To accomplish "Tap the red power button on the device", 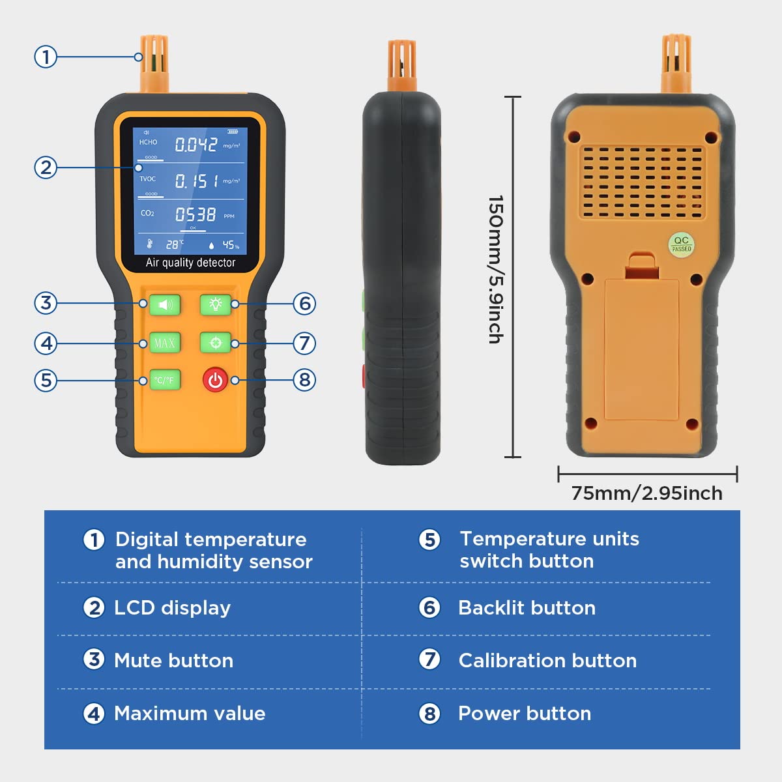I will pos(215,380).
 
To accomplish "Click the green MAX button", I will pos(164,343).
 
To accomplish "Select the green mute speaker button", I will pos(164,304).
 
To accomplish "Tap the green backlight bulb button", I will pos(216,304).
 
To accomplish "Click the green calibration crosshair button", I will pos(216,343).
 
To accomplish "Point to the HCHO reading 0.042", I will pos(195,144).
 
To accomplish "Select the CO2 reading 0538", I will pos(195,214).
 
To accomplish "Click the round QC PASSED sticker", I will pos(681,244).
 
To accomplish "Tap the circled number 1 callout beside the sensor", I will pos(46,57).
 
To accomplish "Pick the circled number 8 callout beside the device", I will pos(304,380).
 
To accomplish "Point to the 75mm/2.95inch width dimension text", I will pos(646,493).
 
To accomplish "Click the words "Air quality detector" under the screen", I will pos(190,263).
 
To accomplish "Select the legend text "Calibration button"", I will pos(547,661).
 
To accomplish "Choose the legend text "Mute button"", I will pos(173,661).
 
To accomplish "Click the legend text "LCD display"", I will pos(172,608).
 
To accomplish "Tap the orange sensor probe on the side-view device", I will pos(401,65).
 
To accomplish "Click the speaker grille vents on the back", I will pos(643,182).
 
